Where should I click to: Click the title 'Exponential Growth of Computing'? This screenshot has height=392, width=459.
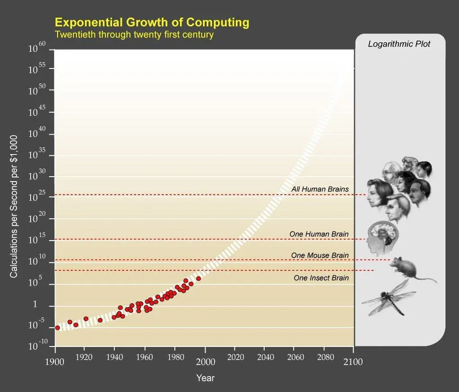click(152, 22)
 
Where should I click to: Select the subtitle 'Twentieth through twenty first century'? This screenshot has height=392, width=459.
click(134, 34)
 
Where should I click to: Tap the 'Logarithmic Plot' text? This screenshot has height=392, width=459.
click(399, 44)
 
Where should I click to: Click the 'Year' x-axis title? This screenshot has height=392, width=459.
click(205, 378)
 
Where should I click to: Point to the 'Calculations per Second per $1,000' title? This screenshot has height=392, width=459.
click(14, 206)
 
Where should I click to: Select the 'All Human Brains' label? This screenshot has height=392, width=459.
click(319, 189)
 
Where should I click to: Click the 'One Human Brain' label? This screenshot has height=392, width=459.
click(319, 234)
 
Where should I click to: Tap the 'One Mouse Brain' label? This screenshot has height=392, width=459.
click(319, 255)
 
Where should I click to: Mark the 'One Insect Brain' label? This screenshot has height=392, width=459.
click(321, 278)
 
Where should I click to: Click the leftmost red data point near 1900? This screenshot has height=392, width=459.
click(57, 328)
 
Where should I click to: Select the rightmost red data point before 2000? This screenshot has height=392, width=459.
click(198, 278)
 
